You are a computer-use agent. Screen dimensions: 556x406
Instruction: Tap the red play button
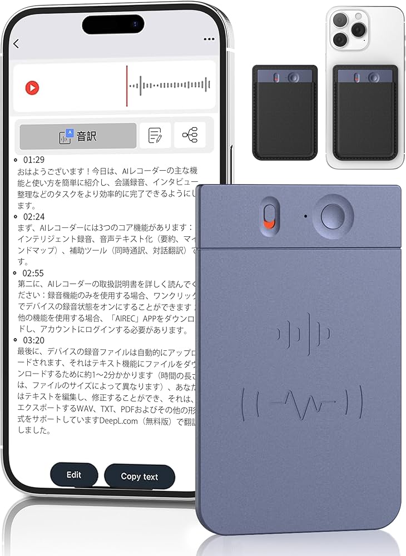coord(32,88)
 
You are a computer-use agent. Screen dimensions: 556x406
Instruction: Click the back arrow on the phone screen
coord(16,43)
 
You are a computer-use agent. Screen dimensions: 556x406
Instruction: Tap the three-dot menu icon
coord(209,39)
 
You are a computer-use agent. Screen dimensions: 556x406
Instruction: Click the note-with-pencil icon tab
coord(155,135)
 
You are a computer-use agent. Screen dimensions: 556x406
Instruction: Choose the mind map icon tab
coord(190,135)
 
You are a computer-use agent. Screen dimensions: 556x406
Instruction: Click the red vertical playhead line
coord(127,86)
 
